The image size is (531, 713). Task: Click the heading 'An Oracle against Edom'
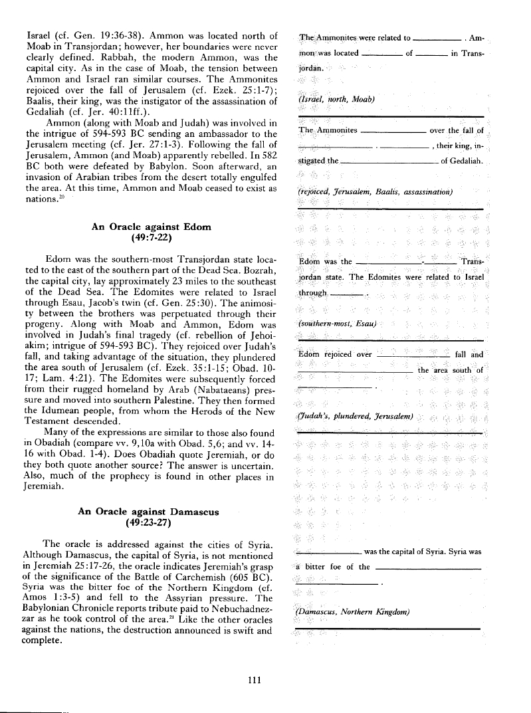[151, 227]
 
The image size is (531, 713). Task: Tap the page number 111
[253, 679]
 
